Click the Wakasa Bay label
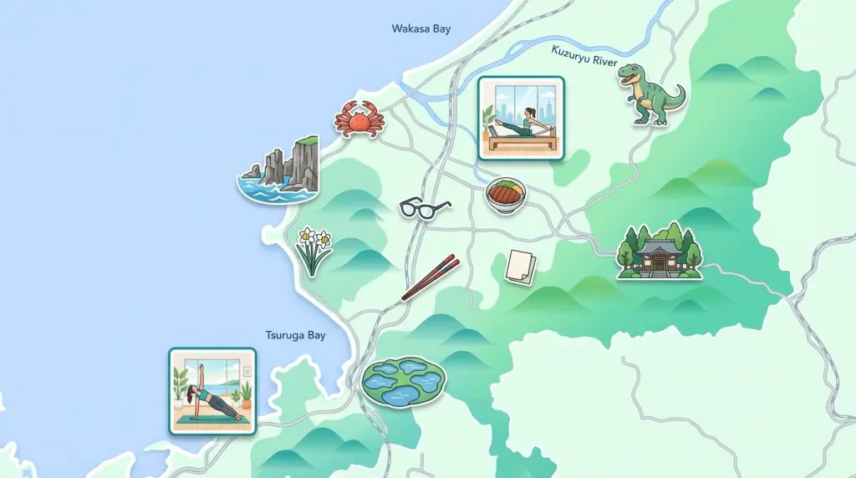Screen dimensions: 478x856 tap(420, 29)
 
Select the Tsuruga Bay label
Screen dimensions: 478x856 tap(295, 335)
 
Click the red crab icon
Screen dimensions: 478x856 tap(359, 119)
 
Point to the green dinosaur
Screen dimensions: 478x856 tap(650, 94)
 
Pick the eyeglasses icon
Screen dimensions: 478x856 tap(425, 206)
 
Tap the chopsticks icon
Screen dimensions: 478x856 tap(431, 277)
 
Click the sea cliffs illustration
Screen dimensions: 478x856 tap(281, 170)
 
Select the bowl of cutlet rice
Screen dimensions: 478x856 tap(505, 195)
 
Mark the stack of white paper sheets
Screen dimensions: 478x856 tap(520, 266)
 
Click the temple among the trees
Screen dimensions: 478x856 tap(659, 251)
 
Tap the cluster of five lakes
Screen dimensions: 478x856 tap(403, 382)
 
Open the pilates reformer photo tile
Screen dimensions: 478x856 tap(520, 118)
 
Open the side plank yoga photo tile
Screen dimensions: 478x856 tap(212, 391)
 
